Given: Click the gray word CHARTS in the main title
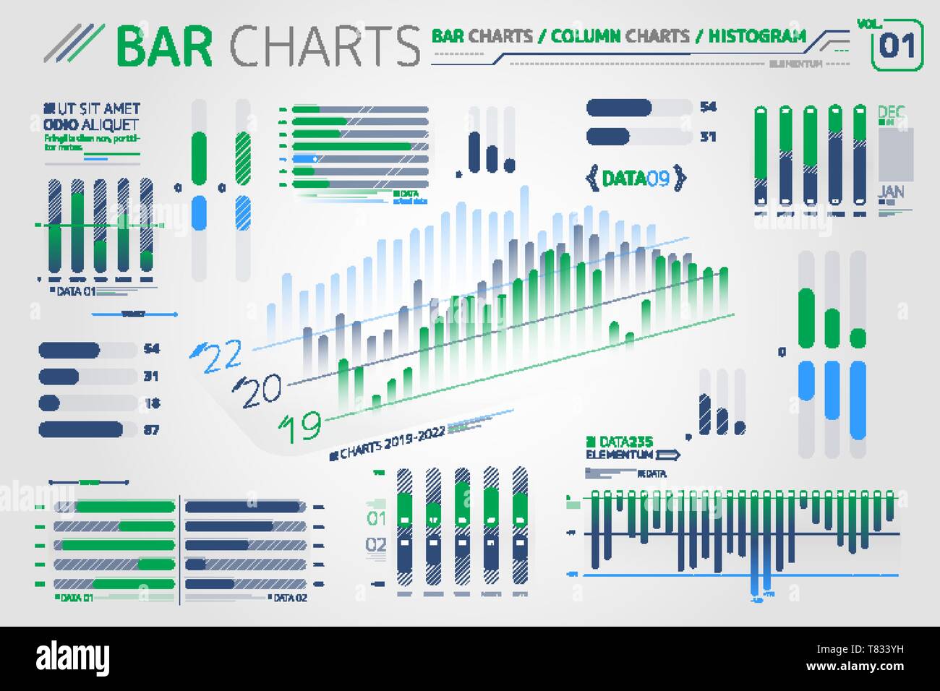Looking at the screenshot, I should pyautogui.click(x=324, y=46).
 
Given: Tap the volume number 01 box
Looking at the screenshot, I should pyautogui.click(x=897, y=47).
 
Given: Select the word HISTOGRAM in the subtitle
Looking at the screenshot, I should pyautogui.click(x=756, y=35).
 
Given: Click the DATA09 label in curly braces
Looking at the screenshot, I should pyautogui.click(x=635, y=178).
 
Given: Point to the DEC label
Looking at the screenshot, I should pyautogui.click(x=891, y=113).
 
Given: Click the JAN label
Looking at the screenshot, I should pyautogui.click(x=891, y=192).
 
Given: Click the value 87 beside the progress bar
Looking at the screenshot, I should pyautogui.click(x=151, y=430).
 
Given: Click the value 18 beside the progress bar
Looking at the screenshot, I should pyautogui.click(x=151, y=403).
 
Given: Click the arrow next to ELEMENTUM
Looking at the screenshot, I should pyautogui.click(x=669, y=455).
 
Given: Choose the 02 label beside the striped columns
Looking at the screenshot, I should pyautogui.click(x=376, y=544).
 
